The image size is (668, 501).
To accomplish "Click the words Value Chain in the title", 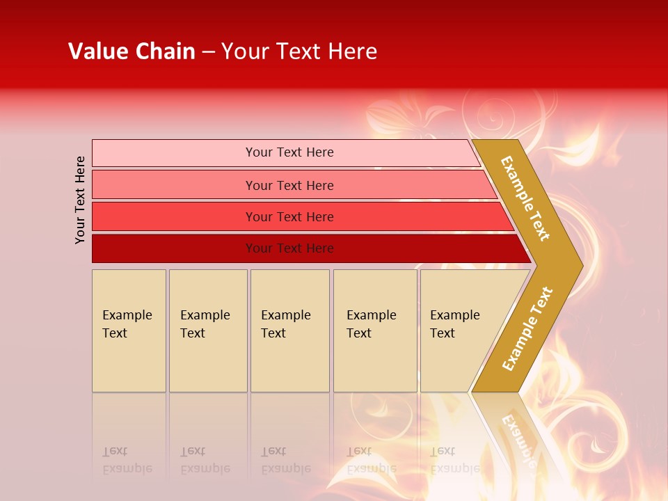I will pos(132,51).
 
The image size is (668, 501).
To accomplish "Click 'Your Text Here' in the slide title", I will pos(299,51).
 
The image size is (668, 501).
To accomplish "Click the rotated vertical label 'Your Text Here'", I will pos(80,200).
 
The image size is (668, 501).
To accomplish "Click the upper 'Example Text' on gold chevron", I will pos(525,198).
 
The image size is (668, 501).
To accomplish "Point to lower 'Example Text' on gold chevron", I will pos(527,328).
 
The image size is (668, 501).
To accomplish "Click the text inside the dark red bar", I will pos(289,248).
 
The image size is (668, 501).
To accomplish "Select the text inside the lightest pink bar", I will pos(289,152).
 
